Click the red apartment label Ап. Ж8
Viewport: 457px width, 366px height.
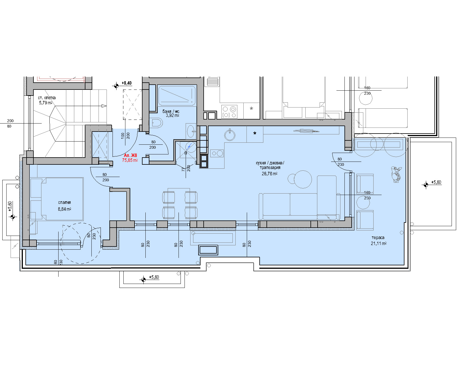click(131, 155)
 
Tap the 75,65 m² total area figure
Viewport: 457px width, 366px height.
click(130, 160)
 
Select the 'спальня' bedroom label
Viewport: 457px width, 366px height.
click(65, 202)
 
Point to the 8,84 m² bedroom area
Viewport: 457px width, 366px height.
click(65, 209)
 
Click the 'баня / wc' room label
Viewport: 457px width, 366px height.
click(171, 111)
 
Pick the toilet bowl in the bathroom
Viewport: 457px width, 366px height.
click(157, 123)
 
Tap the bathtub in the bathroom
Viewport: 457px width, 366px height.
click(177, 96)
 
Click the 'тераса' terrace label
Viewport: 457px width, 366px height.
click(378, 238)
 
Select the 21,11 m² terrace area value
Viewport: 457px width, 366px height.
click(379, 244)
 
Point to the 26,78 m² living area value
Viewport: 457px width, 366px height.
click(270, 174)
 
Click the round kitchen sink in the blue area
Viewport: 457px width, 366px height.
click(230, 135)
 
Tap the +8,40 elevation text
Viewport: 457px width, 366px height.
click(127, 83)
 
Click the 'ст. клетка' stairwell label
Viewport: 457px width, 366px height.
click(47, 98)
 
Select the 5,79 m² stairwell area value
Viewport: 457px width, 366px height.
click(46, 103)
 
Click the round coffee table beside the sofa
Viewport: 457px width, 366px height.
click(302, 179)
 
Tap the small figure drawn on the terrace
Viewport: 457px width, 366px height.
click(396, 174)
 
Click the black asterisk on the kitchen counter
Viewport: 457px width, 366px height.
click(255, 133)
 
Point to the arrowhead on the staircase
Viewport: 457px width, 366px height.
click(104, 106)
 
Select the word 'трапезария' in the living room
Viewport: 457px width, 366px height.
click(270, 168)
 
